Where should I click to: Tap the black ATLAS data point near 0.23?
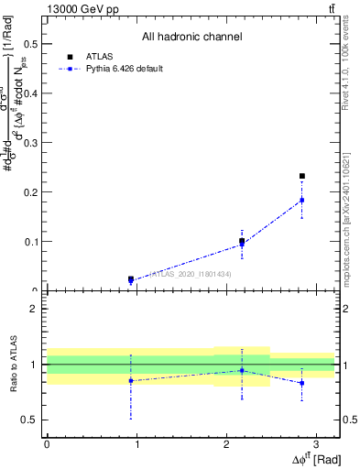pyautogui.click(x=302, y=176)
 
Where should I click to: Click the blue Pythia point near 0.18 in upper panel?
pyautogui.click(x=302, y=200)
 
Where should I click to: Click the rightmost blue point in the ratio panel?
pyautogui.click(x=302, y=383)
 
